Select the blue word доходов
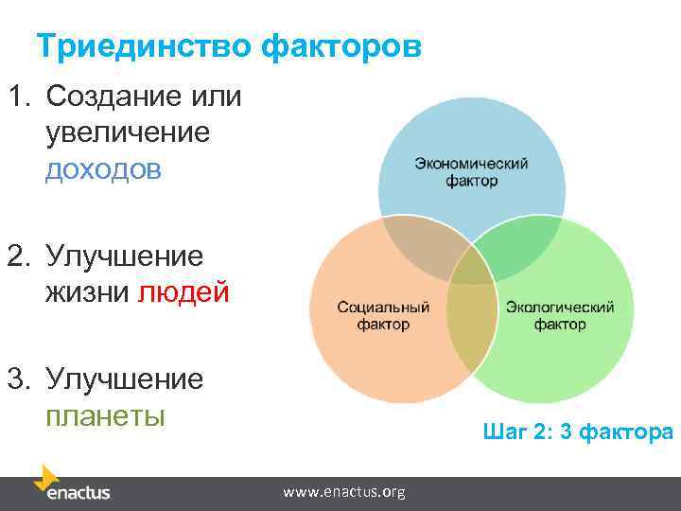[x=103, y=169]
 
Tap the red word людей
[x=183, y=292]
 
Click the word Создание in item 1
[x=101, y=97]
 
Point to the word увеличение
[x=127, y=132]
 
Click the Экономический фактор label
[x=471, y=171]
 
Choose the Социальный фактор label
[x=383, y=316]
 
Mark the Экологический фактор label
[x=560, y=316]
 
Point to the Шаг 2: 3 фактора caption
[x=577, y=432]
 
